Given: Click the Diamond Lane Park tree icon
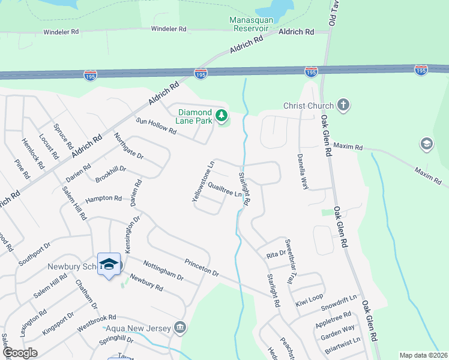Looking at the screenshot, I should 222,115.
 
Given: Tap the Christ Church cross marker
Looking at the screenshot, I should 343,106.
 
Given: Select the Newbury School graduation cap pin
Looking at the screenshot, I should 109,264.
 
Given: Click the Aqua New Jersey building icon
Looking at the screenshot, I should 179,327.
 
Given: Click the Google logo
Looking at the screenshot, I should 20,353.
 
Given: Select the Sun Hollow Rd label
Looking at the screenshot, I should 156,127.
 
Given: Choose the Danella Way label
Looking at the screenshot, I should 303,172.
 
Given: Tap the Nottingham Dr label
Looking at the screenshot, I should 163,271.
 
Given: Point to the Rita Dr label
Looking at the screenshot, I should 276,254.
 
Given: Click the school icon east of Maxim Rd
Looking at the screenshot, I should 426,144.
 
